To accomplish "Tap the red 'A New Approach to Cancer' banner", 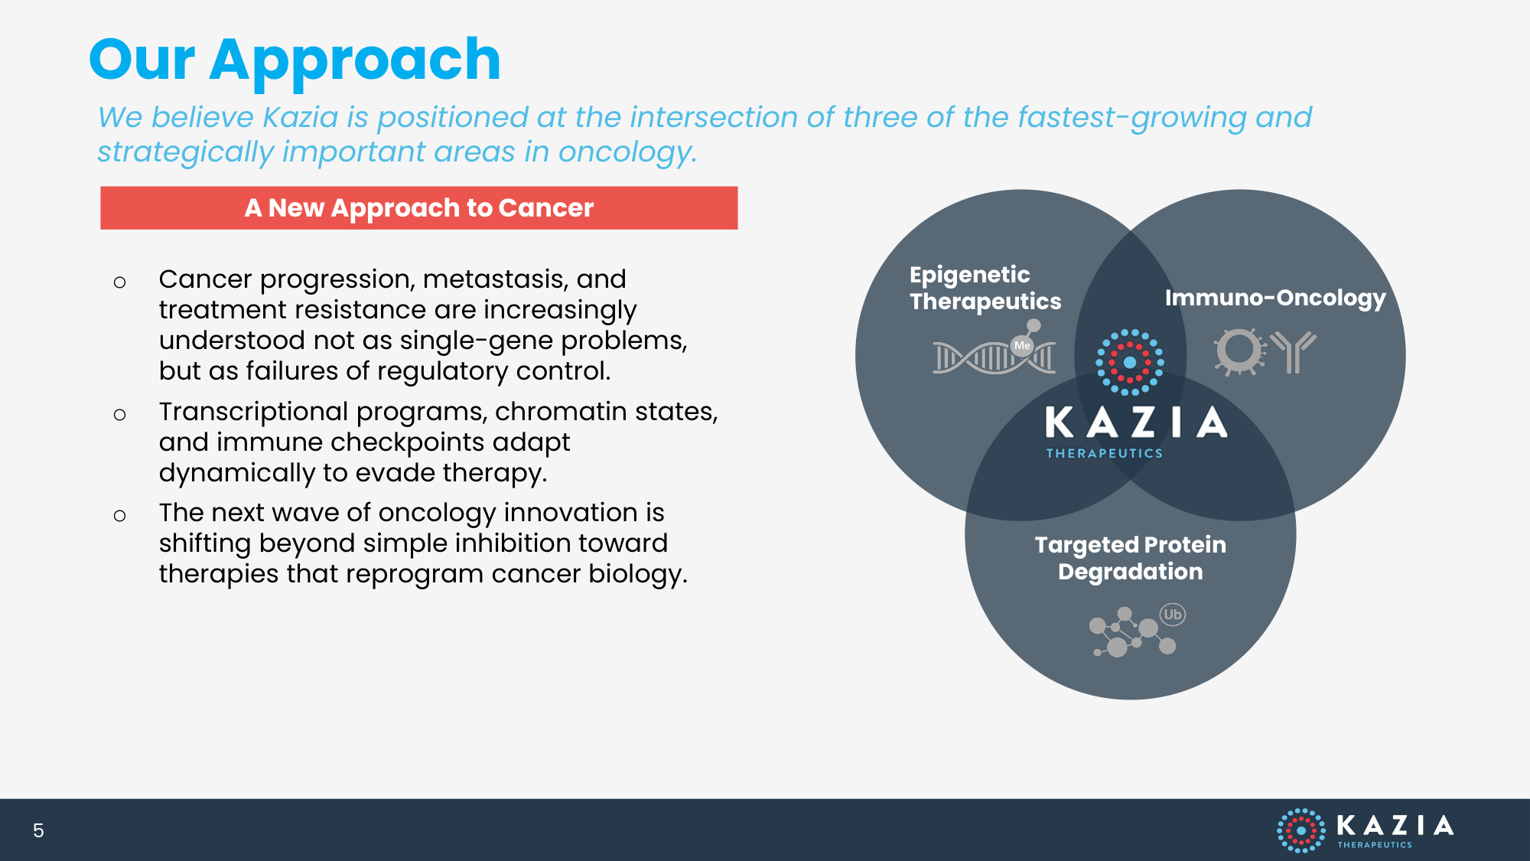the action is click(x=419, y=207).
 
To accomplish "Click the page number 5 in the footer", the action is click(x=38, y=830).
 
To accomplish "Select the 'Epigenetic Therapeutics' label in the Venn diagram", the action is click(x=985, y=288).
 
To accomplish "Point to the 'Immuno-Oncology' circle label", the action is click(x=1275, y=298).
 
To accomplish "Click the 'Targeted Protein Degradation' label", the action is click(x=1130, y=558).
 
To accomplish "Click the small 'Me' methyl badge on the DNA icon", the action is click(x=1022, y=346).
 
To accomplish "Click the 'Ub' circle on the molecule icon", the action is click(x=1172, y=615).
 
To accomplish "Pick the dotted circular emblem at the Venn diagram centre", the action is click(x=1130, y=362).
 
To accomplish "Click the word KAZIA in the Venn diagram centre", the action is click(x=1136, y=422).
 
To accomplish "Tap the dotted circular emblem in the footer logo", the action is click(x=1300, y=830).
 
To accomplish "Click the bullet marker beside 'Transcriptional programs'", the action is click(x=119, y=415).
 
